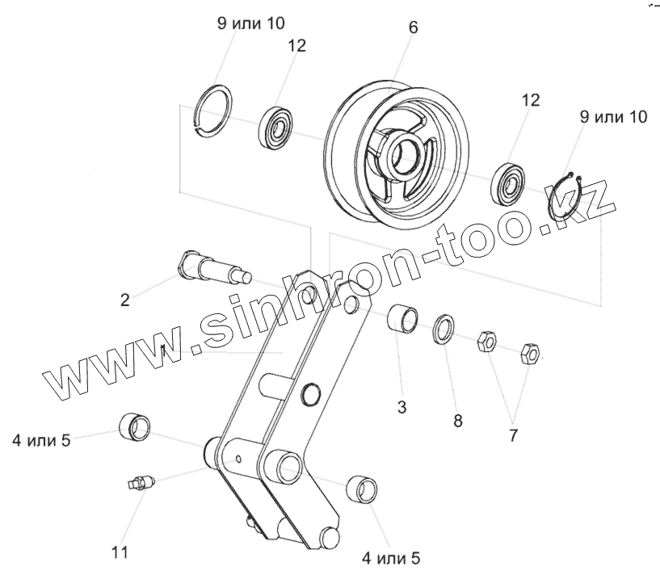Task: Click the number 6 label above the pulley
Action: [413, 27]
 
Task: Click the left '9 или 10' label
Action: [250, 23]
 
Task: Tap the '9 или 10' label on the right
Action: [613, 117]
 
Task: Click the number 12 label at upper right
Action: [530, 100]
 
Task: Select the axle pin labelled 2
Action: [212, 268]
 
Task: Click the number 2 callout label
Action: [124, 300]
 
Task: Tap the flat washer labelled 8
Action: [444, 328]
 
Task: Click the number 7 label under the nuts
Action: [513, 435]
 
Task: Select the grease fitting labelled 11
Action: [141, 483]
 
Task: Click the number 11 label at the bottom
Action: [120, 553]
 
